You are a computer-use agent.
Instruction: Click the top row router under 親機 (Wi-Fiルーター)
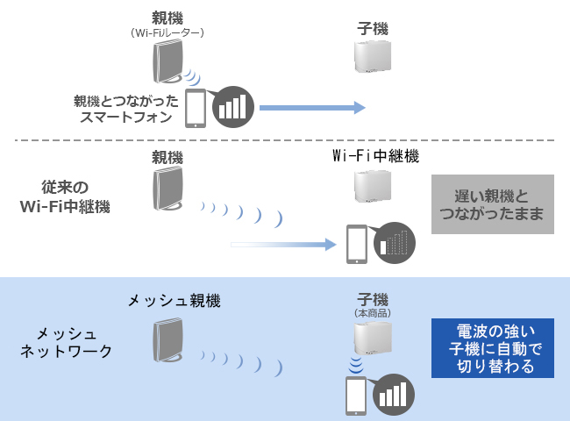pyautogui.click(x=167, y=62)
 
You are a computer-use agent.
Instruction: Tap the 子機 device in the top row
pyautogui.click(x=372, y=57)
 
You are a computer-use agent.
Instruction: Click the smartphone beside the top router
pyautogui.click(x=196, y=108)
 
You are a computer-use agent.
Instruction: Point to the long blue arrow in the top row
pyautogui.click(x=311, y=108)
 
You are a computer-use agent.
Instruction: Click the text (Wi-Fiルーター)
pyautogui.click(x=167, y=32)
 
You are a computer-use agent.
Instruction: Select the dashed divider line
pyautogui.click(x=284, y=140)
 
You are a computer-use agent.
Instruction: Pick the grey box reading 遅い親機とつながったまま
pyautogui.click(x=493, y=204)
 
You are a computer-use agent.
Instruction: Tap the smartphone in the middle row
pyautogui.click(x=356, y=244)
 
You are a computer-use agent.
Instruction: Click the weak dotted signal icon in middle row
pyautogui.click(x=394, y=243)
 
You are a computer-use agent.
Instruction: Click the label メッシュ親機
pyautogui.click(x=174, y=301)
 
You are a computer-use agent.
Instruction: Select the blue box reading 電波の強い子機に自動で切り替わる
pyautogui.click(x=493, y=348)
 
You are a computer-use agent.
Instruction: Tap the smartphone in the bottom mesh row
pyautogui.click(x=356, y=396)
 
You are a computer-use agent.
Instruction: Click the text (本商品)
pyautogui.click(x=372, y=313)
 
